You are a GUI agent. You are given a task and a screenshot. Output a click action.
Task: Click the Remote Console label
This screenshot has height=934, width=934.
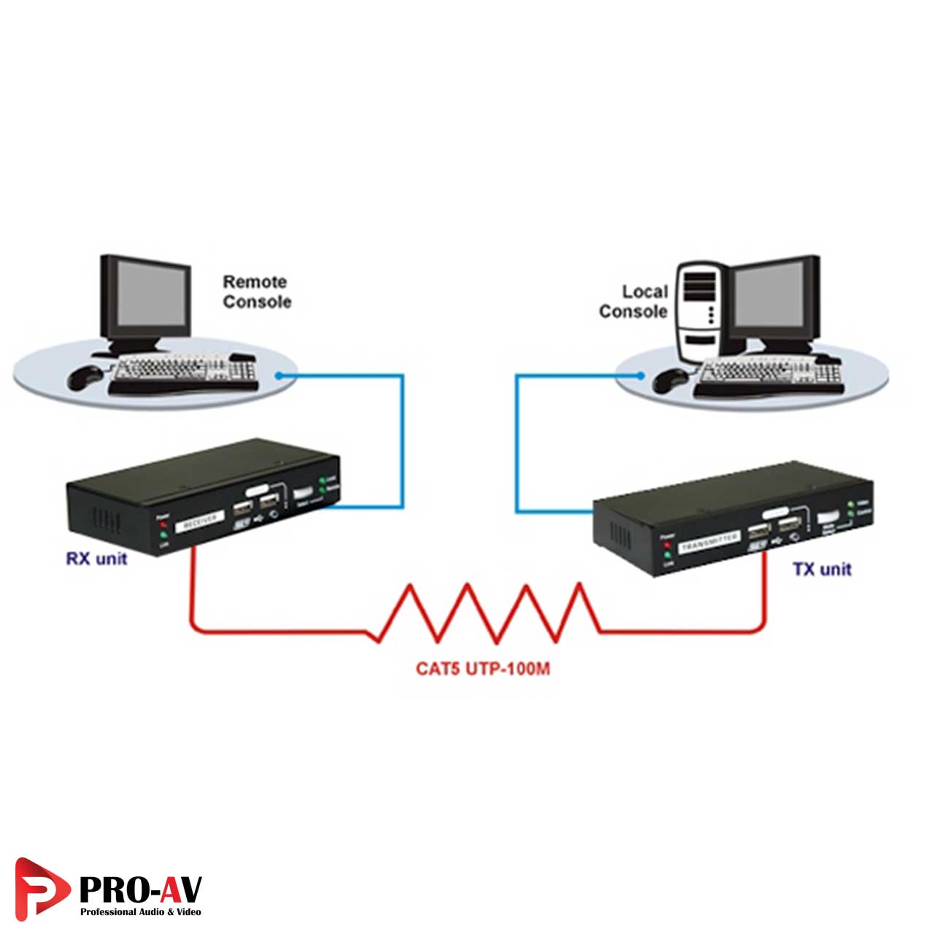[256, 292]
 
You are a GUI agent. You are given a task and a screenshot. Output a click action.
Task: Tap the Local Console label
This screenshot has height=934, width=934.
[634, 301]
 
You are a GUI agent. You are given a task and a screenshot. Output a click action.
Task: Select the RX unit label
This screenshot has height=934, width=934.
[96, 559]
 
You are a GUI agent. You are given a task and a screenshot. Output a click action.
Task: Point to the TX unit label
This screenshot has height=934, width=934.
[822, 569]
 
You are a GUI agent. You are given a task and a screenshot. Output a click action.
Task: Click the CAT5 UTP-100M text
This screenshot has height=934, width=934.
[482, 668]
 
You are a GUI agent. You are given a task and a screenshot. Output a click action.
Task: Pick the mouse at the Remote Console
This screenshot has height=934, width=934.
[86, 377]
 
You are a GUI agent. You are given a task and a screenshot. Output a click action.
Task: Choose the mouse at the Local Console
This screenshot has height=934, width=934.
[670, 379]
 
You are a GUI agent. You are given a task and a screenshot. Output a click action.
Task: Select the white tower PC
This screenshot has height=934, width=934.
[698, 314]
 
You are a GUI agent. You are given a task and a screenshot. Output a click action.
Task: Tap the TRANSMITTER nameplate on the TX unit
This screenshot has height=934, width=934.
[709, 541]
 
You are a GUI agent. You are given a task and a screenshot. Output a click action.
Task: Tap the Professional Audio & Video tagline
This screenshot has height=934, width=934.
[140, 912]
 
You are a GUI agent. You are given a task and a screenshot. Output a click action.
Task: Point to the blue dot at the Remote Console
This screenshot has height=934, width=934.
[278, 376]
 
